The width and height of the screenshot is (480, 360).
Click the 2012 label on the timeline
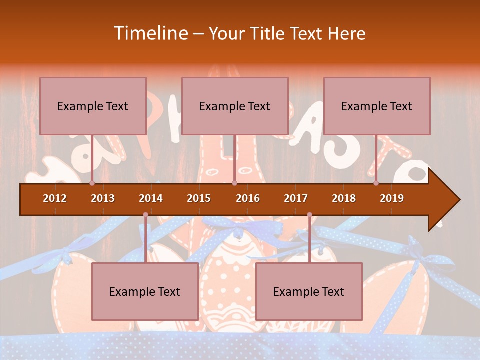[x=55, y=198]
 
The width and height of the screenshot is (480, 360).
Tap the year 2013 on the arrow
[x=103, y=198]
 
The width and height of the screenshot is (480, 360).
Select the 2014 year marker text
[x=151, y=198]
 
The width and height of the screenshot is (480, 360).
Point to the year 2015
[x=199, y=198]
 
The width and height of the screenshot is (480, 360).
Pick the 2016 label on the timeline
[x=248, y=198]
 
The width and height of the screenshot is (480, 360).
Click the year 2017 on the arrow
[x=296, y=198]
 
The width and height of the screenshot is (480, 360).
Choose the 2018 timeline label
[x=344, y=198]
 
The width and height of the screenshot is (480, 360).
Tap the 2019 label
[x=392, y=198]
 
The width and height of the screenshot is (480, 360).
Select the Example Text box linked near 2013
[x=93, y=106]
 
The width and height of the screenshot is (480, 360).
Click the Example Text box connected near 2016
[x=235, y=106]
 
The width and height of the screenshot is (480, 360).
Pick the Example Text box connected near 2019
[x=377, y=106]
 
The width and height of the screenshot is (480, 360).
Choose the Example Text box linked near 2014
[x=145, y=291]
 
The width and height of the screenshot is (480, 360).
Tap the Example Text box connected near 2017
[x=309, y=291]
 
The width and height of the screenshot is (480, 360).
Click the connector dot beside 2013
[x=92, y=183]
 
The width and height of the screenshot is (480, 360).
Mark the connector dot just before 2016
[x=234, y=183]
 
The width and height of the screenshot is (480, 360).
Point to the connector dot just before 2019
[x=376, y=183]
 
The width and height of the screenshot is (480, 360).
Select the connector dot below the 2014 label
[x=145, y=215]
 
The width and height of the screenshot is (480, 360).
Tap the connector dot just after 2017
[x=309, y=215]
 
